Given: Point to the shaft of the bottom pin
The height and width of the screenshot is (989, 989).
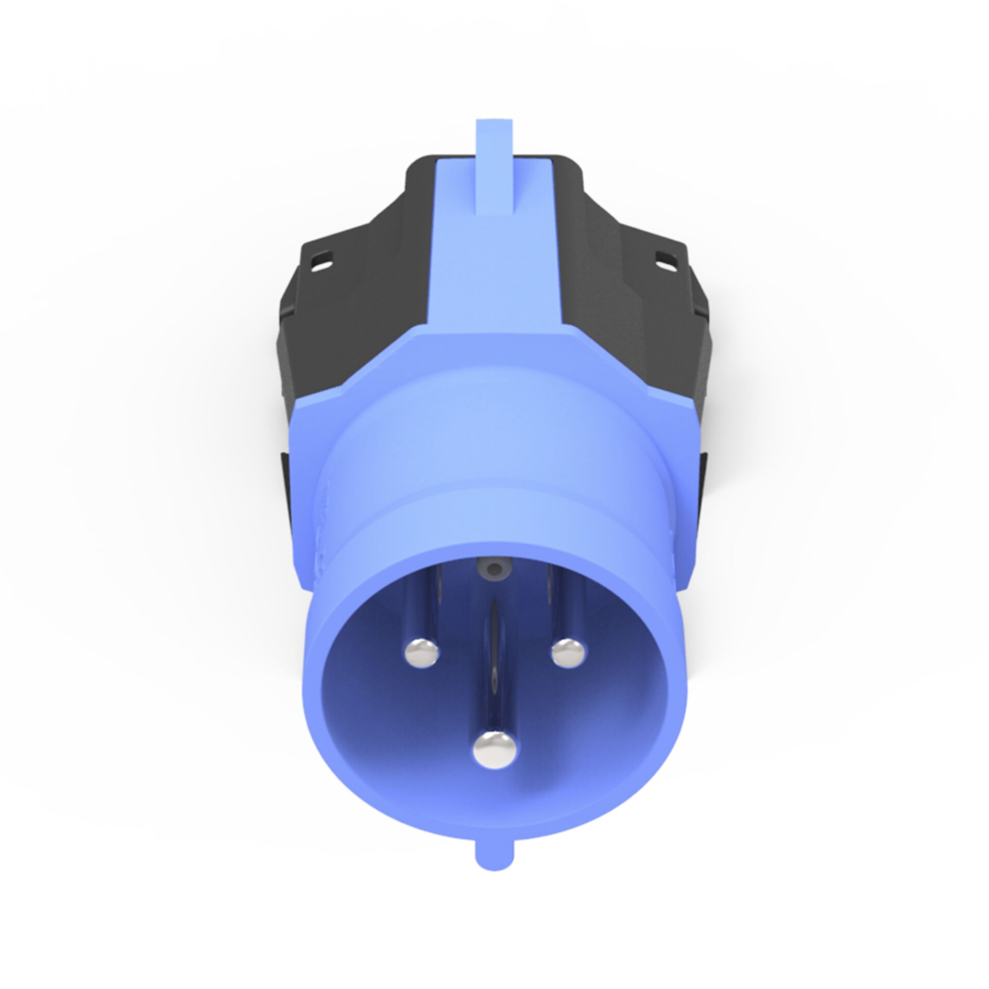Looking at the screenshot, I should tap(495, 690).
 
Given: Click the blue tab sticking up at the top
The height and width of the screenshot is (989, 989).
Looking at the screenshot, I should tap(495, 170).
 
